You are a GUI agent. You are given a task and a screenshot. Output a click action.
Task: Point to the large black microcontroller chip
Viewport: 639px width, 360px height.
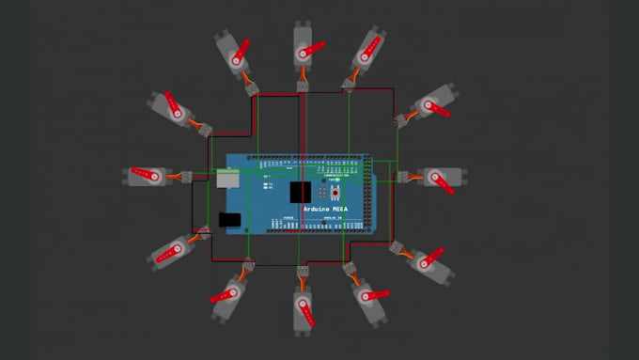pos(300,192)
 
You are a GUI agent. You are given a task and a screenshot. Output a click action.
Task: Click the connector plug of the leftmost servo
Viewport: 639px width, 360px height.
pos(186,176)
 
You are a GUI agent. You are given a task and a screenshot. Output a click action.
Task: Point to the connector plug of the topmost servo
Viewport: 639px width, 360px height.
pos(304,86)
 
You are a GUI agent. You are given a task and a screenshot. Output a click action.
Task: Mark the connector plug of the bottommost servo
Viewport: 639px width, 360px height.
pos(303,273)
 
